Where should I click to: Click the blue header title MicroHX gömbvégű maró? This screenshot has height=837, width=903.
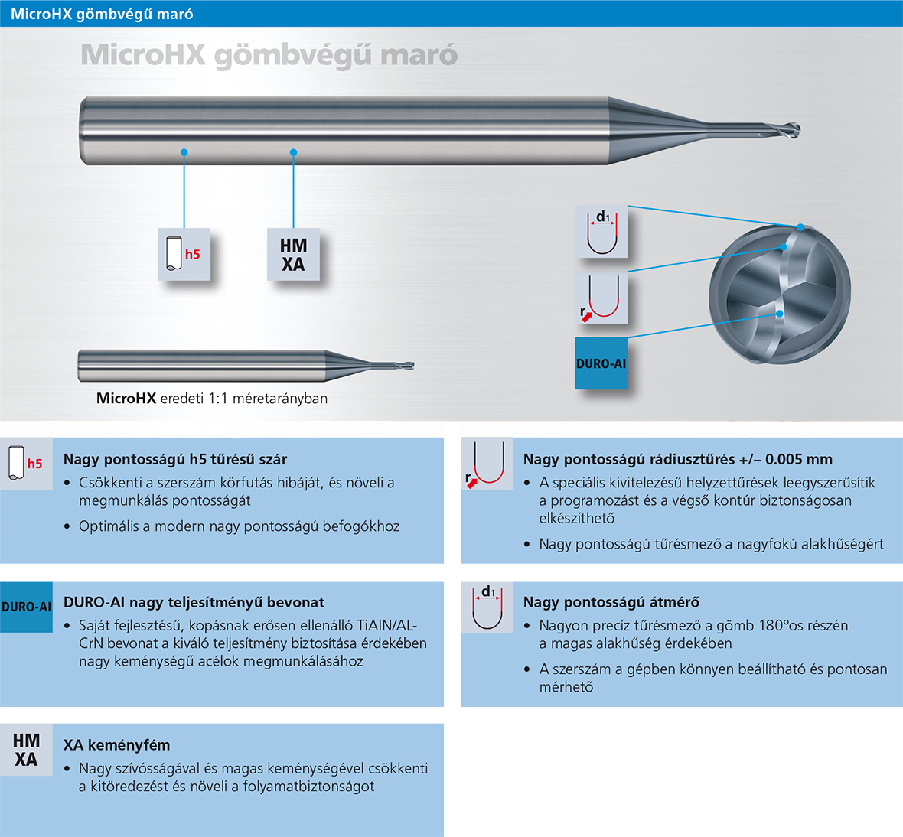pyautogui.click(x=102, y=14)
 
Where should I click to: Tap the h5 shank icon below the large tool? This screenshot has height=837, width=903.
pyautogui.click(x=184, y=254)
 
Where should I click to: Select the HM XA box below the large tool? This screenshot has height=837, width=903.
pyautogui.click(x=293, y=255)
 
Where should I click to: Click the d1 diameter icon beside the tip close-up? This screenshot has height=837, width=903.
pyautogui.click(x=602, y=232)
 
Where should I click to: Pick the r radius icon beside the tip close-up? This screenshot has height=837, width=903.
pyautogui.click(x=602, y=298)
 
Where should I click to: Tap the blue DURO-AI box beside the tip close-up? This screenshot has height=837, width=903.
pyautogui.click(x=601, y=363)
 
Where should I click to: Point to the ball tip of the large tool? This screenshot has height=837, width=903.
pyautogui.click(x=792, y=130)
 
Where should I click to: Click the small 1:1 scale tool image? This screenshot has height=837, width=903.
pyautogui.click(x=245, y=365)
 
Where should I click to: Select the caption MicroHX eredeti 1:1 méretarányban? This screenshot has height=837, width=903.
pyautogui.click(x=212, y=399)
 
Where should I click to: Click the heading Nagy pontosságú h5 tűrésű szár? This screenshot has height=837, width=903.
pyautogui.click(x=175, y=459)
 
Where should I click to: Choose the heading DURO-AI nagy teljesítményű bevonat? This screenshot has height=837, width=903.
pyautogui.click(x=194, y=602)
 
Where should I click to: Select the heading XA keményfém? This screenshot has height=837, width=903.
pyautogui.click(x=116, y=745)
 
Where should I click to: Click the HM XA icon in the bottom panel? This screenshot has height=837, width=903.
pyautogui.click(x=26, y=750)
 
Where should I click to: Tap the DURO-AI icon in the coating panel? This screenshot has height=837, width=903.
pyautogui.click(x=26, y=607)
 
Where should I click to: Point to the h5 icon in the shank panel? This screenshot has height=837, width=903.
pyautogui.click(x=25, y=464)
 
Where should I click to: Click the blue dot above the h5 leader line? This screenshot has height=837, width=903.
pyautogui.click(x=184, y=152)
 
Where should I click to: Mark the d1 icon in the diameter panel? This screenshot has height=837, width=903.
pyautogui.click(x=487, y=607)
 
